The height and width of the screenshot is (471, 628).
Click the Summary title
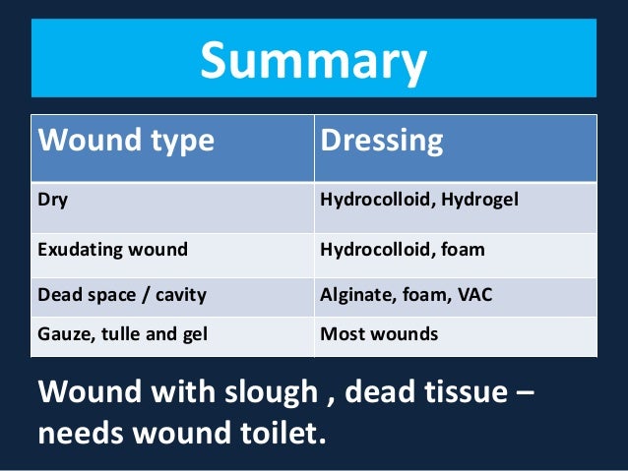313,60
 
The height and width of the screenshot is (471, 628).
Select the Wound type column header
125,141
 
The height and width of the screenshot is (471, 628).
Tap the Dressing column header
381,141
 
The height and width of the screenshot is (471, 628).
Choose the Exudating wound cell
111,249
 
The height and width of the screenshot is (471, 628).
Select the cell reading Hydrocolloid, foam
403,249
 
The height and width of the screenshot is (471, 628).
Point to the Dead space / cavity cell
121,292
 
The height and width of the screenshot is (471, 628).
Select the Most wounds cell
379,334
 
